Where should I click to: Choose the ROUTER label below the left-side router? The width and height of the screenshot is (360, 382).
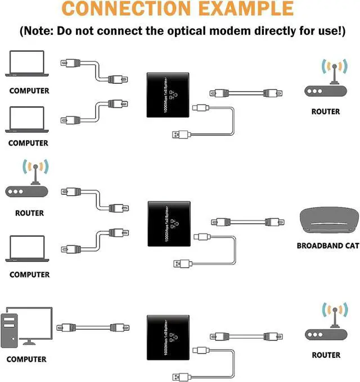pyautogui.click(x=29, y=213)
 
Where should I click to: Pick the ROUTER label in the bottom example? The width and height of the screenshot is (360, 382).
pyautogui.click(x=326, y=355)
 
